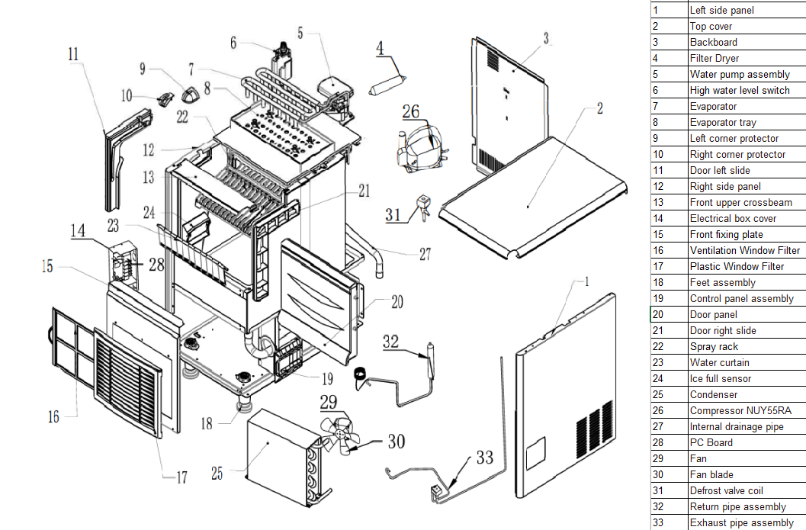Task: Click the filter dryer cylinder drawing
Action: tap(387, 85)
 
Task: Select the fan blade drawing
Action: tap(339, 435)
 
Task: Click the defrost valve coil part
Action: tap(424, 206)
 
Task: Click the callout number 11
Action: tap(73, 54)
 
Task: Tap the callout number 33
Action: tap(484, 457)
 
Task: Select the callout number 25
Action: tap(217, 474)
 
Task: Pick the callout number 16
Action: tap(53, 416)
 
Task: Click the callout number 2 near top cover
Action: tap(599, 108)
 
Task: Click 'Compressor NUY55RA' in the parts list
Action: tap(740, 411)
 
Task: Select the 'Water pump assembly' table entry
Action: tap(740, 75)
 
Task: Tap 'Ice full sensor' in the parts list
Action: tap(720, 379)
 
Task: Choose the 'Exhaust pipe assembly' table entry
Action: tap(742, 523)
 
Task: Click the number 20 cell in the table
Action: tap(658, 315)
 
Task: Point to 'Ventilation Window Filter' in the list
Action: tap(745, 250)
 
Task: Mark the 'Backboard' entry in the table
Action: tap(714, 42)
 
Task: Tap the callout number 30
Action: tap(396, 441)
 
